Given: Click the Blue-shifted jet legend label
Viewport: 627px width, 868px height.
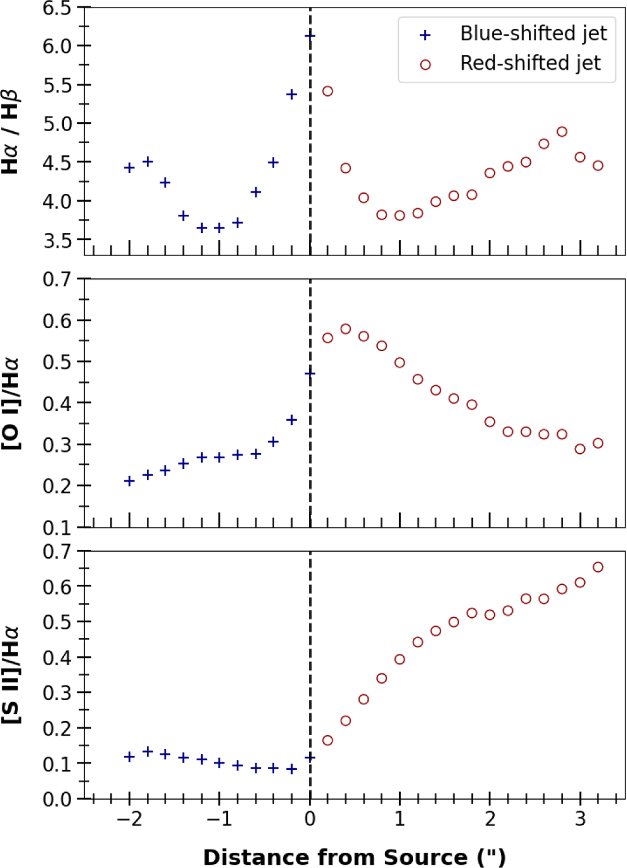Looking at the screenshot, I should click(x=533, y=34).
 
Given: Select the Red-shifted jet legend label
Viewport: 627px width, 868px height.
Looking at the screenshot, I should click(x=530, y=63).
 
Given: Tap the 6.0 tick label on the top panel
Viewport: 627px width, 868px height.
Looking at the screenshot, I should click(x=57, y=46).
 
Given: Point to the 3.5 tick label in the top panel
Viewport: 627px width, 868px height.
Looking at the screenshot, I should click(x=57, y=240).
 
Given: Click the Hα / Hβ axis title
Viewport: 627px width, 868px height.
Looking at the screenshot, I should click(x=10, y=132).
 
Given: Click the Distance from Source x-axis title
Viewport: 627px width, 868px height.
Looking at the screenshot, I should click(x=354, y=857).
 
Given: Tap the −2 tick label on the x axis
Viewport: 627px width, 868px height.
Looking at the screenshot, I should click(x=129, y=819).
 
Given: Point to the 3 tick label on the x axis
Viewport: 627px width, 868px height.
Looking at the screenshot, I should click(x=580, y=819).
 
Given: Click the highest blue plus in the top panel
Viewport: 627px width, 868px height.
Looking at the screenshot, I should click(x=310, y=36).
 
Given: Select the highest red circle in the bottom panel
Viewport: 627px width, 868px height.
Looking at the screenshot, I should click(x=598, y=567).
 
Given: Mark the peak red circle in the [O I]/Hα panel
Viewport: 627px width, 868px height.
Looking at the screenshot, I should click(x=345, y=329).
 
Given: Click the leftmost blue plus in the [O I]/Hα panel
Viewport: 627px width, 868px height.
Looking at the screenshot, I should click(x=130, y=481).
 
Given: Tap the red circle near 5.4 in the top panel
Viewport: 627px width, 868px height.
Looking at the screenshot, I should click(x=328, y=91).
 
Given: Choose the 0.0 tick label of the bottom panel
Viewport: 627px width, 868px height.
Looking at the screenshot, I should click(x=57, y=800).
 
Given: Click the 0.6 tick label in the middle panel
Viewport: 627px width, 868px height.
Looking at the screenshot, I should click(x=57, y=321).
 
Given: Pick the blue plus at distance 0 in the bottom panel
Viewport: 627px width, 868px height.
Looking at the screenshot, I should click(x=310, y=757).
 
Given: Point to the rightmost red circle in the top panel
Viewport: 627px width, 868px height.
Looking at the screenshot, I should click(x=598, y=166).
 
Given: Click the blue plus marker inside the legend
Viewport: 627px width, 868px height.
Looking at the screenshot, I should click(x=425, y=35).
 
